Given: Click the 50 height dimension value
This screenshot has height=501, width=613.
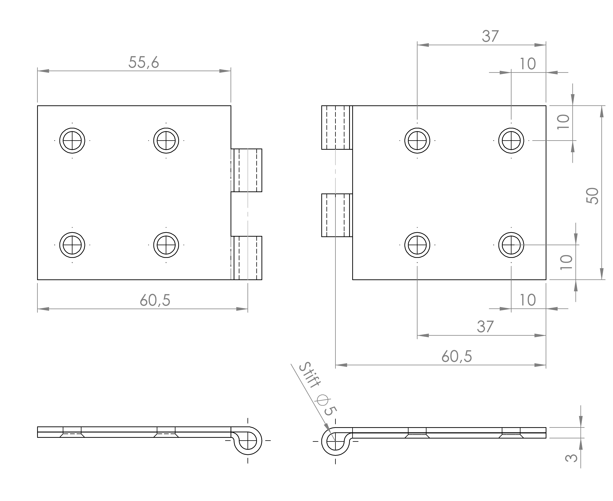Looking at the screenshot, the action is [593, 196].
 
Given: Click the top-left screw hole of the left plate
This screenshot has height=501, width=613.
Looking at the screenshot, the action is [72, 141].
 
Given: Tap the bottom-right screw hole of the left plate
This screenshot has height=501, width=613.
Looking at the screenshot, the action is [166, 245].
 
